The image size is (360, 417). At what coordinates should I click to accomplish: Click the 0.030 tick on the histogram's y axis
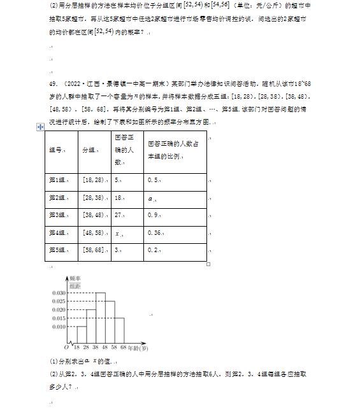[x=58, y=293]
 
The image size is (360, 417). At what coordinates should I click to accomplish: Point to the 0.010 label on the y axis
[x=58, y=327]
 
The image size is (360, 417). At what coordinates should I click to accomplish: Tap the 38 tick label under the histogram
[x=95, y=348]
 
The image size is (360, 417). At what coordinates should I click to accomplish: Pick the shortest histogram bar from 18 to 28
[x=81, y=335]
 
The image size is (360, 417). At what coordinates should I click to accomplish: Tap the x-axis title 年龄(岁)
[x=139, y=348]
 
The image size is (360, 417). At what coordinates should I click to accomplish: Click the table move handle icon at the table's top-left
[x=41, y=127]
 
